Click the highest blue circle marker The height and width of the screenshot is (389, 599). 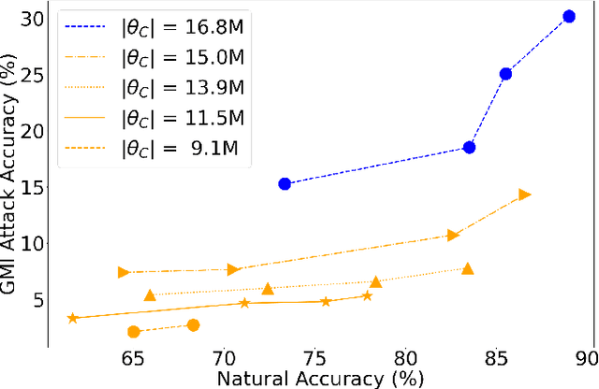(x=569, y=16)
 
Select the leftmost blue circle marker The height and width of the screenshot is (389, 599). (x=285, y=184)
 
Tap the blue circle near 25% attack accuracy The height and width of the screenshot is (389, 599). (x=505, y=74)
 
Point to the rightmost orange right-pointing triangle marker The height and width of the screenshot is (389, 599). (x=525, y=194)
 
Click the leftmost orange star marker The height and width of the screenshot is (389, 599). (x=73, y=318)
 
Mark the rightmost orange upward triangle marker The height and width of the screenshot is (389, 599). (x=468, y=269)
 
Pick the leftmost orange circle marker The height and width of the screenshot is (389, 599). (x=134, y=332)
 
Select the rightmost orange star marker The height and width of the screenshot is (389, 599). (x=367, y=296)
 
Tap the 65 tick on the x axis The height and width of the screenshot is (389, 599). (x=134, y=358)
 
